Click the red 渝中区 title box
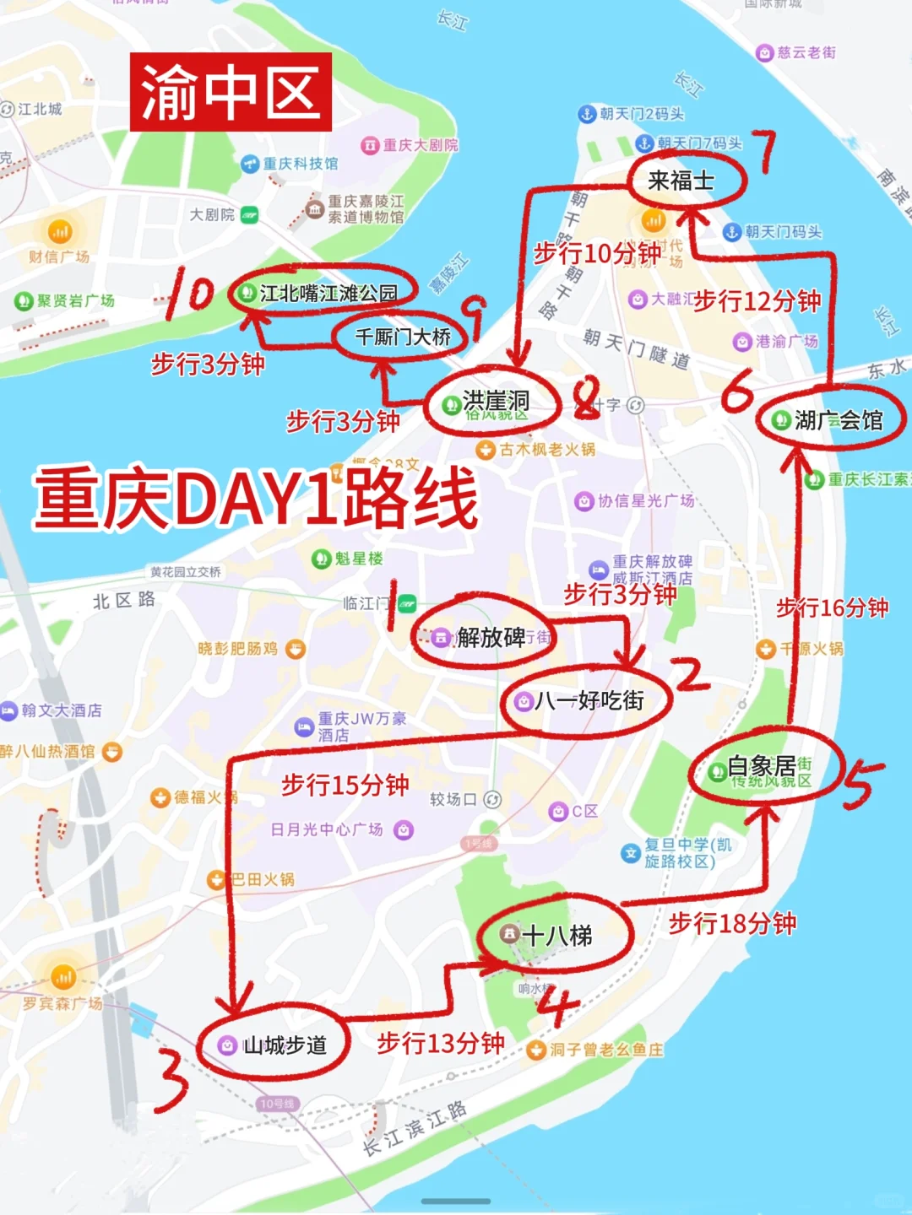click(231, 92)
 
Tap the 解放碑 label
click(491, 637)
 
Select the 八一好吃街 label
click(589, 700)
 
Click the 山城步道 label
click(284, 1045)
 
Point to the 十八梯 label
click(556, 935)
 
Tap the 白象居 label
click(761, 766)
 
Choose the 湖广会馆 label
click(838, 419)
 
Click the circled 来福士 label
click(681, 180)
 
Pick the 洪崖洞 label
click(496, 402)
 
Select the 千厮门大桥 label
click(403, 337)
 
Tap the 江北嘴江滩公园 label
click(328, 293)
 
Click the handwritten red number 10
click(190, 293)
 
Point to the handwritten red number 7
click(765, 152)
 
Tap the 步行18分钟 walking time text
click(732, 923)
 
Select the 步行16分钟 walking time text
click(832, 607)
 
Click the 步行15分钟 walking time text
click(345, 785)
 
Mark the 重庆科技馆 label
click(300, 163)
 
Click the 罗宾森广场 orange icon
click(63, 977)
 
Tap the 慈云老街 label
click(806, 52)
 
